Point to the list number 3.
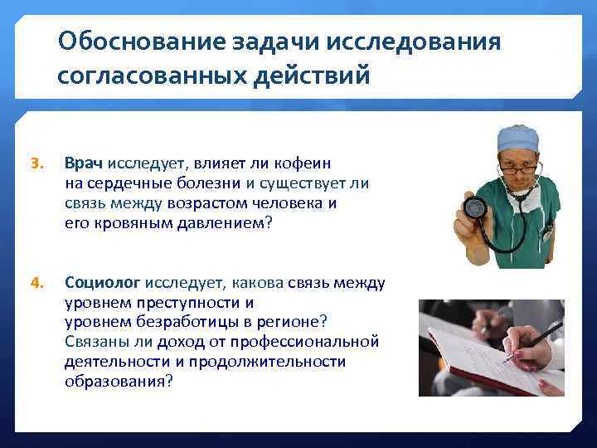[x=36, y=164]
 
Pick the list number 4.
[x=36, y=282]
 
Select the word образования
[x=116, y=381]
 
